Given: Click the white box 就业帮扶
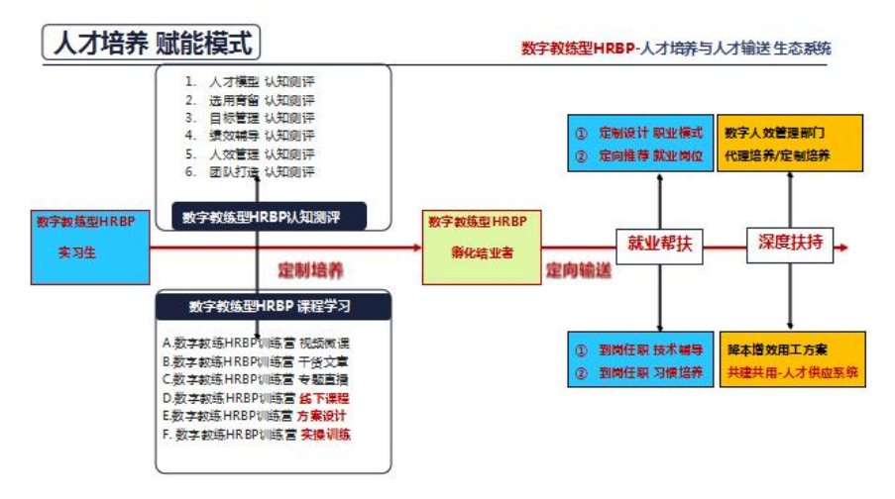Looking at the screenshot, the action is (x=659, y=244).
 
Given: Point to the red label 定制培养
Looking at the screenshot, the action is (x=310, y=269).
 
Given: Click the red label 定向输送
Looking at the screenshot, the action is (x=578, y=269).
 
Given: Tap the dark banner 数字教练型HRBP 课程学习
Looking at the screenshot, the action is (x=275, y=306).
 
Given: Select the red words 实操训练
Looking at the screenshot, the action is (x=326, y=434).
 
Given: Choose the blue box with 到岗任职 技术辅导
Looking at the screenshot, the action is (x=640, y=360).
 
